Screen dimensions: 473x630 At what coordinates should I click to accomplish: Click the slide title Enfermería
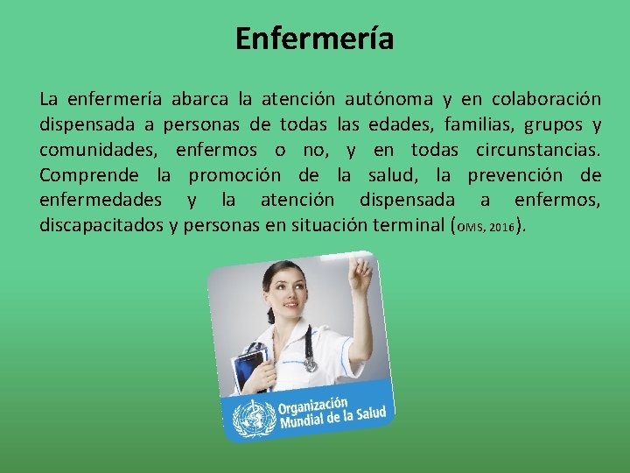point(315,39)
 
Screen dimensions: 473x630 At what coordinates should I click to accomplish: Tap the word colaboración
point(547,98)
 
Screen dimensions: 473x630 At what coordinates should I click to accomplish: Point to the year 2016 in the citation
point(502,228)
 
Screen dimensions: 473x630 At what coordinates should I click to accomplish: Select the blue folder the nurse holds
point(251,368)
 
